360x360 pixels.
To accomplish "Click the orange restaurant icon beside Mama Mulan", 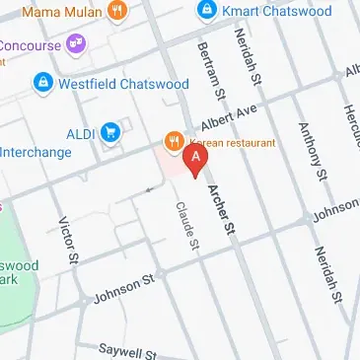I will (x=118, y=11).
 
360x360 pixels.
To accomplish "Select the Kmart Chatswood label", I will (x=265, y=10).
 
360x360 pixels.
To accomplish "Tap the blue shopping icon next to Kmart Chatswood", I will (x=206, y=10).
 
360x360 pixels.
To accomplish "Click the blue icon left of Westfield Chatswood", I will (x=42, y=83).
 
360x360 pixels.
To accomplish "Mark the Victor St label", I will (x=67, y=243).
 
